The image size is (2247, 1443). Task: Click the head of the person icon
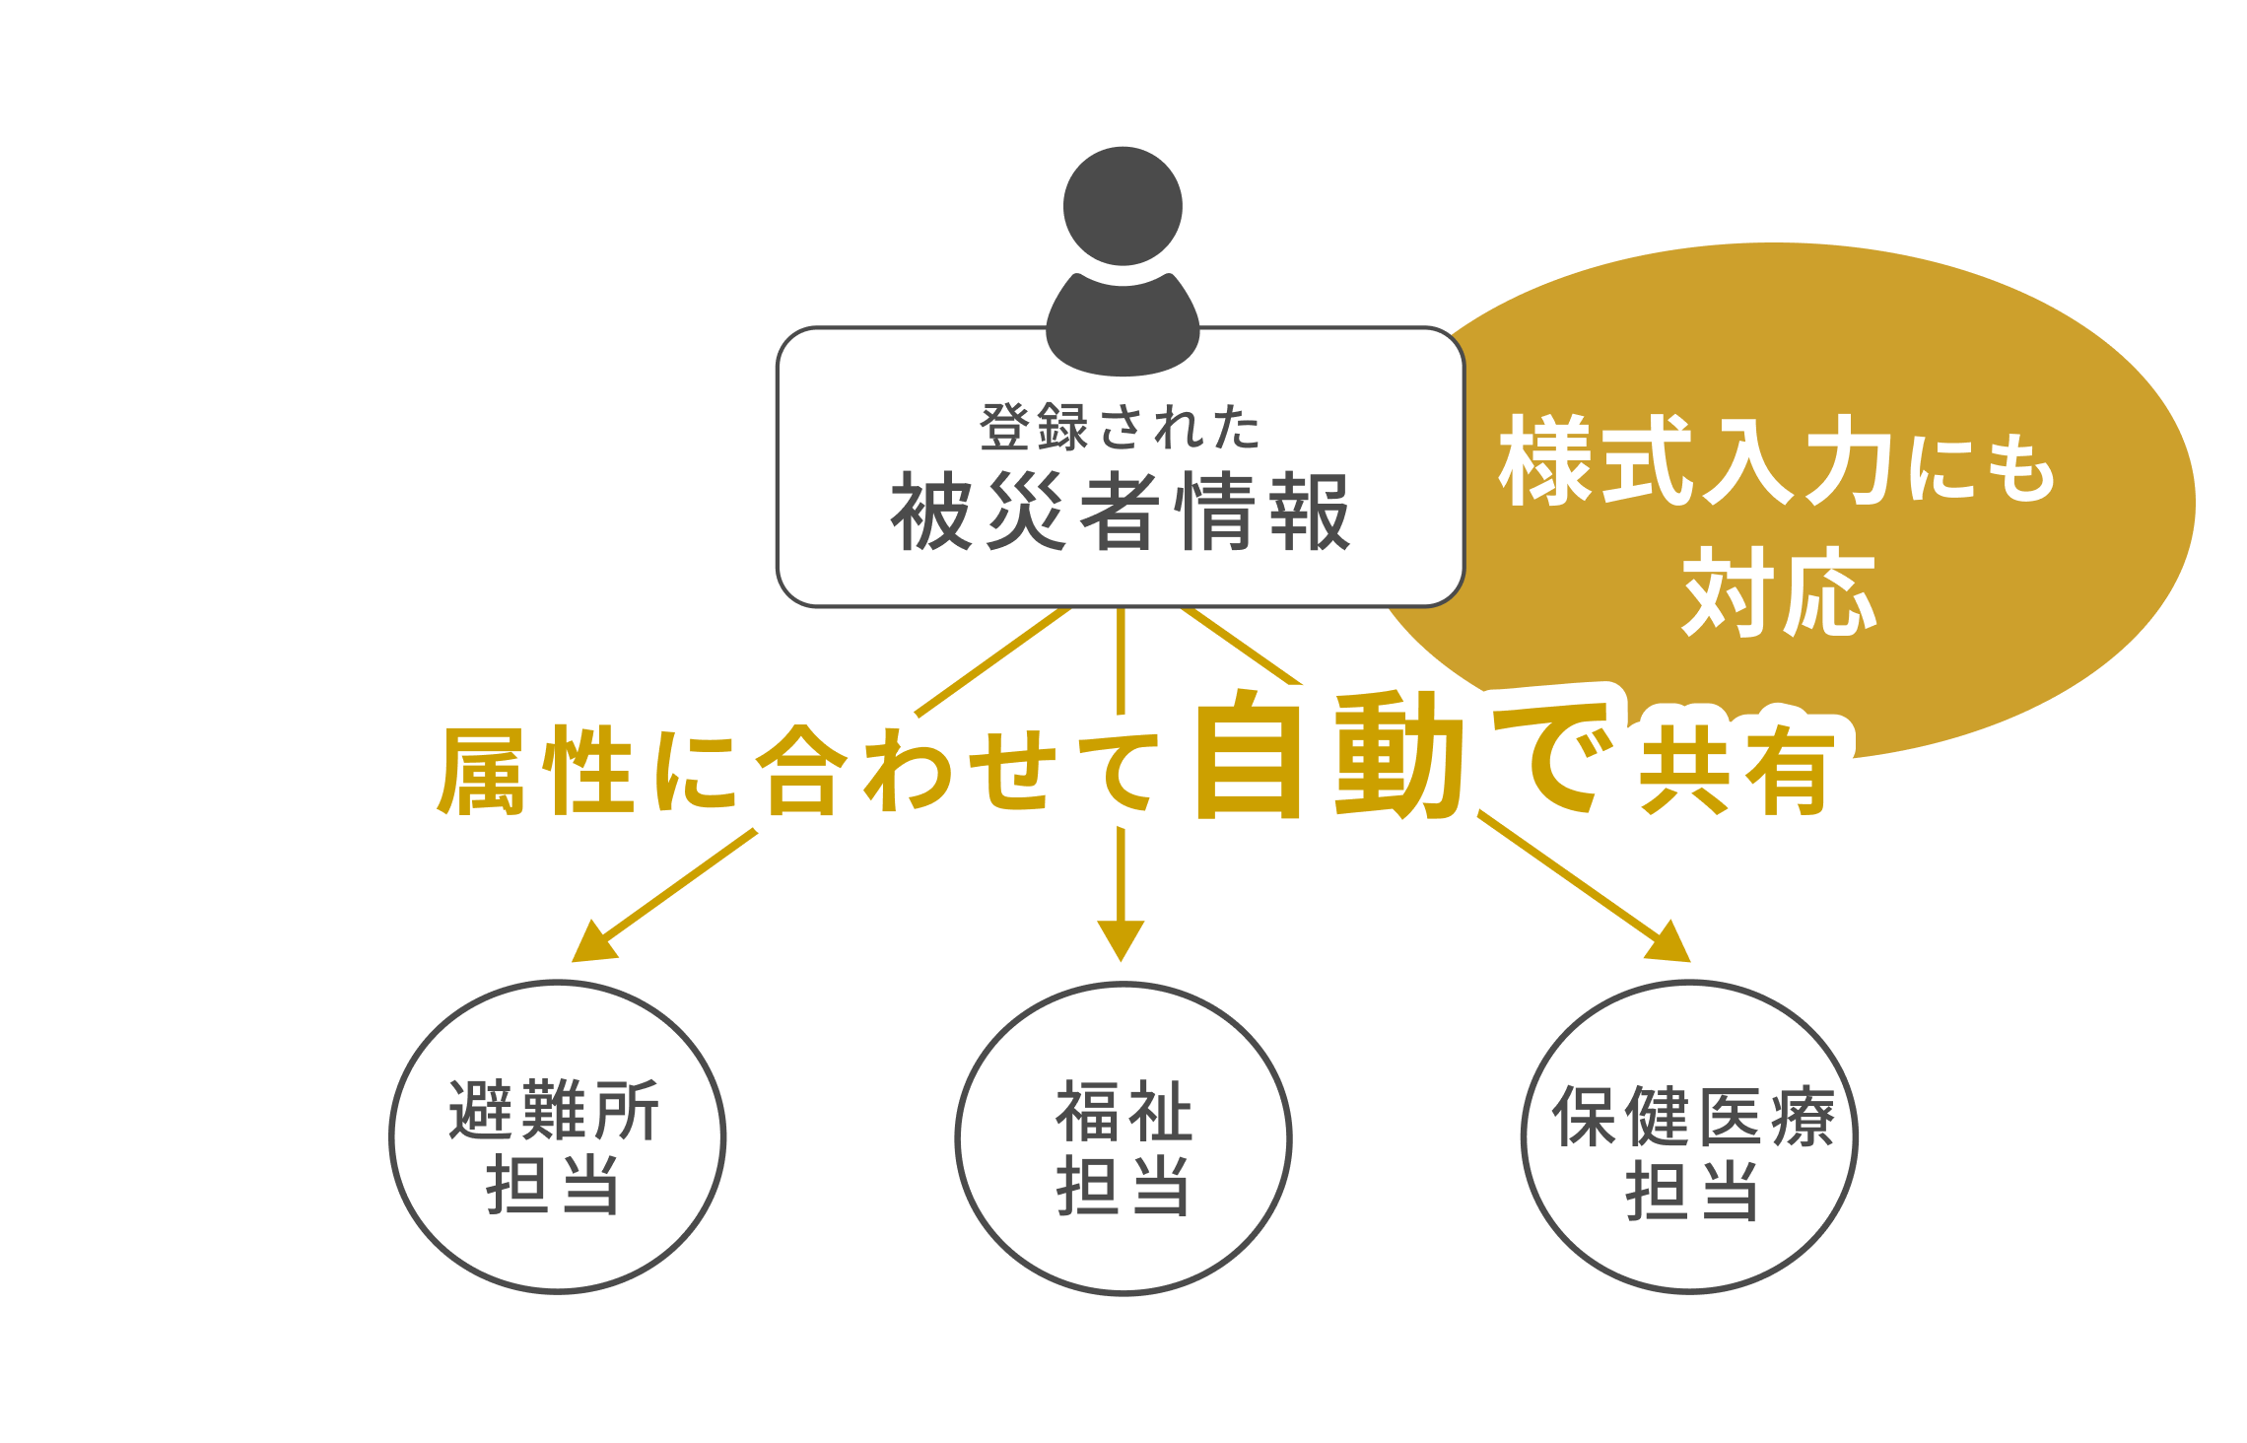[x=1123, y=206]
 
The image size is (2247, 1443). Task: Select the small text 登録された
[x=1121, y=428]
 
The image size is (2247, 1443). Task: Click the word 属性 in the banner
[x=536, y=772]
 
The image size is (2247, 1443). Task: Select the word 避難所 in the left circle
[x=555, y=1111]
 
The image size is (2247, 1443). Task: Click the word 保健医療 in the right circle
[x=1693, y=1117]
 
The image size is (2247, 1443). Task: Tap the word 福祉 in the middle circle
[x=1123, y=1112]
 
